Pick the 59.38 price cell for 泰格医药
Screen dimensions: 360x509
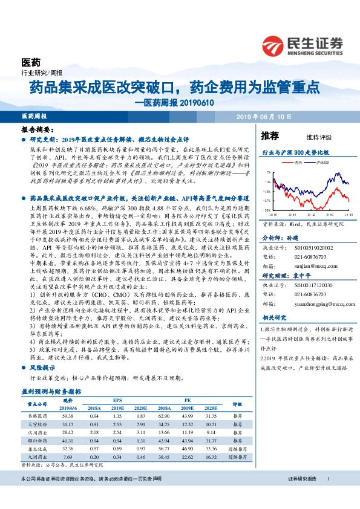pyautogui.click(x=67, y=416)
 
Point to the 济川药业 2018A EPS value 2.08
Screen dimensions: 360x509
pyautogui.click(x=93, y=433)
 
